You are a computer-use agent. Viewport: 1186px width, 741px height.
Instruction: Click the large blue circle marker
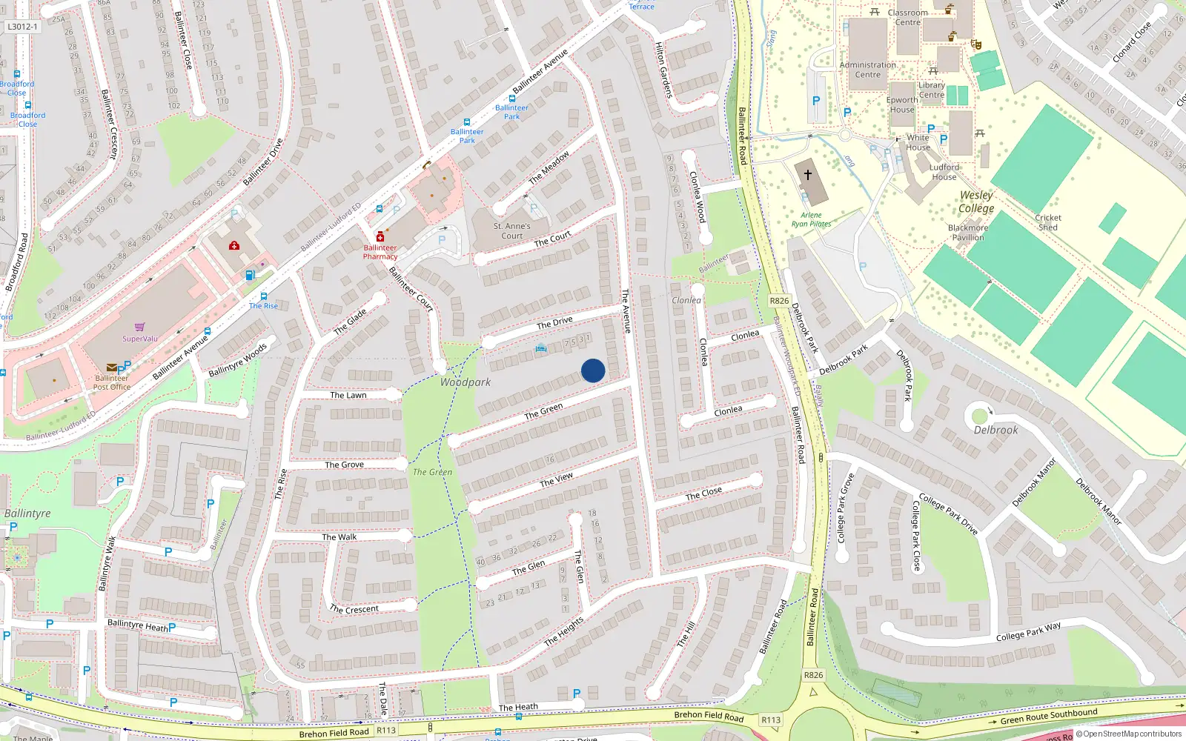click(x=593, y=370)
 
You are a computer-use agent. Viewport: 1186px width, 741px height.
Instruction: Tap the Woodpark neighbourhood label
click(x=466, y=382)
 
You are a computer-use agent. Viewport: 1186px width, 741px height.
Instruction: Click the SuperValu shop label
click(x=140, y=339)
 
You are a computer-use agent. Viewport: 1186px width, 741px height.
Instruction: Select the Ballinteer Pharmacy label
click(x=380, y=252)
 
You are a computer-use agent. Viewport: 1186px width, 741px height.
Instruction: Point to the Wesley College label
click(x=975, y=202)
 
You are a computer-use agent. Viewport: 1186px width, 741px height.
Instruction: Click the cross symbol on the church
click(x=808, y=175)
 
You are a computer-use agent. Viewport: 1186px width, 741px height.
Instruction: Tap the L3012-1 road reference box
click(x=22, y=27)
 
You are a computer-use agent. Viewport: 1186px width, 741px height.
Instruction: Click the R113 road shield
click(x=386, y=730)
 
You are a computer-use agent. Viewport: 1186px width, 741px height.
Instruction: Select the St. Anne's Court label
click(x=511, y=230)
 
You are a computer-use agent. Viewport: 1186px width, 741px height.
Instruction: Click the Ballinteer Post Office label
click(x=112, y=382)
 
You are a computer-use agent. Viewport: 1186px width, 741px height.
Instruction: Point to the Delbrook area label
click(x=995, y=430)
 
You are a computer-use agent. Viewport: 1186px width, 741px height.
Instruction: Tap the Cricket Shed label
click(x=1048, y=222)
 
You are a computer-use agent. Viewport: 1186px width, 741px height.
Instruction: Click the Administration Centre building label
click(x=868, y=70)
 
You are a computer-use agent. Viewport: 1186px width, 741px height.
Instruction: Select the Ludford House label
click(x=944, y=172)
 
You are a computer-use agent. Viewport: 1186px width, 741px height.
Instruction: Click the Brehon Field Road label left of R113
click(x=334, y=733)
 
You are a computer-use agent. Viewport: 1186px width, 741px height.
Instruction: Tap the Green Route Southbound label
click(x=1048, y=716)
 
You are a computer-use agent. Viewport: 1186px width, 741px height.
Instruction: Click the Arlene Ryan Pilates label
click(x=811, y=219)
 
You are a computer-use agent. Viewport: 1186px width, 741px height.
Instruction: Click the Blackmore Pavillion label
click(x=968, y=233)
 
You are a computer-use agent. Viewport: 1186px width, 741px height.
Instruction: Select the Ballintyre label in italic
click(x=27, y=514)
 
